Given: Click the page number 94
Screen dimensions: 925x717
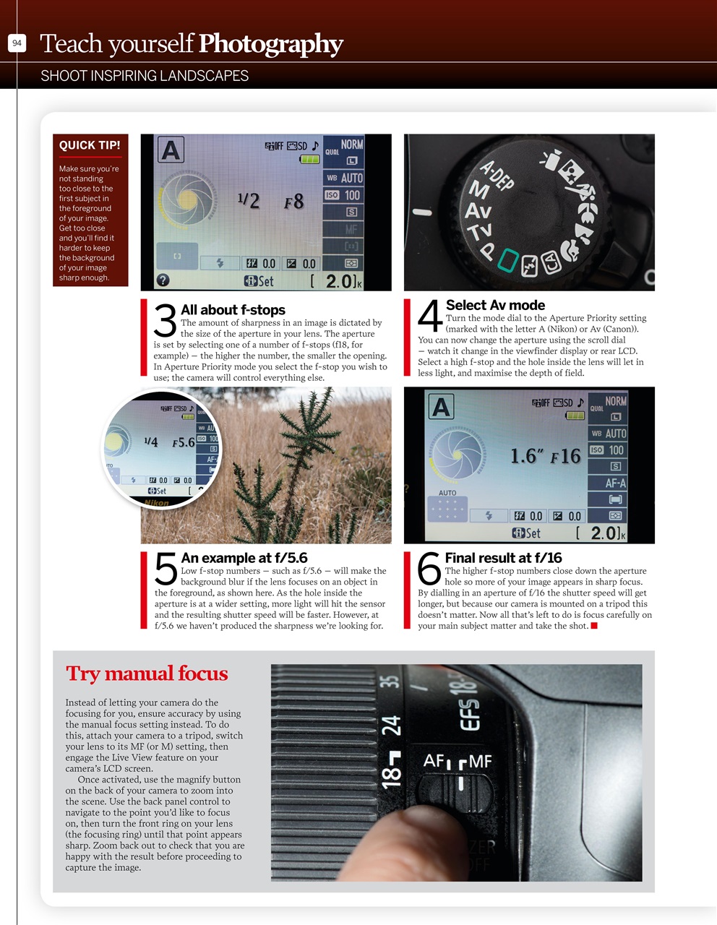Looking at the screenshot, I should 17,43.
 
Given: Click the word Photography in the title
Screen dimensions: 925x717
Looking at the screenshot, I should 270,44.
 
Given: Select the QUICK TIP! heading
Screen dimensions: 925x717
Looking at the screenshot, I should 90,145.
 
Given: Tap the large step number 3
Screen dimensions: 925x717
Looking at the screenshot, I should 166,321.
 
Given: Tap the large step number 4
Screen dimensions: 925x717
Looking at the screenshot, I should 429,317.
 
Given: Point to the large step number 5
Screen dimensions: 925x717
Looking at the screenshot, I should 166,569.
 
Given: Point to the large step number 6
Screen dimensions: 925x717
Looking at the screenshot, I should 429,569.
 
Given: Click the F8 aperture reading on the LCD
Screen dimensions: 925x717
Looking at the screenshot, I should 294,202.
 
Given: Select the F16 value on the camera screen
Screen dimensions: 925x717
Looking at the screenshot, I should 566,457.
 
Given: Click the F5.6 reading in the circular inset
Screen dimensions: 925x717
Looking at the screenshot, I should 184,442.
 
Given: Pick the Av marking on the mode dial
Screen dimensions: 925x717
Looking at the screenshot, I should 478,211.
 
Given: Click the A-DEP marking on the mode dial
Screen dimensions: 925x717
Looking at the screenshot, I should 497,176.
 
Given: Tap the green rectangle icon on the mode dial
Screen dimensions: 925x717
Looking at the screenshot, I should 508,260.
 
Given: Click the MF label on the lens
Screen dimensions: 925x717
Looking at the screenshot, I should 479,761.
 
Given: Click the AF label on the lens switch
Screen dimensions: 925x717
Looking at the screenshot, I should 434,760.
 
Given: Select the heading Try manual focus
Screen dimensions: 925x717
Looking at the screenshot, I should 147,674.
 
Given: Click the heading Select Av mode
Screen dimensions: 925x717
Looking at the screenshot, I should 495,305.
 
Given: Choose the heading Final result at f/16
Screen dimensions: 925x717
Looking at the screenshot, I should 503,558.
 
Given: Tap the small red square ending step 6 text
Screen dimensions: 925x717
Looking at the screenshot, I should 594,626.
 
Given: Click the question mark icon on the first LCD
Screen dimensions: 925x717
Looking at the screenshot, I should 163,280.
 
